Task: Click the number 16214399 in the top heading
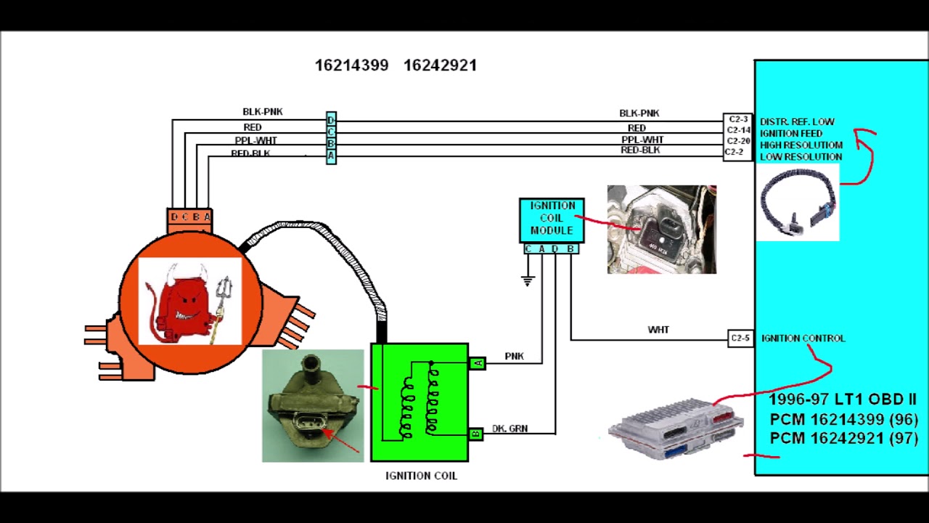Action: pos(351,65)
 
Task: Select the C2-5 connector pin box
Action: pos(740,338)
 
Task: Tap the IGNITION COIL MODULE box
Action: pos(552,219)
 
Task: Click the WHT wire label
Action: pos(658,330)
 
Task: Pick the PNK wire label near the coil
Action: pos(514,356)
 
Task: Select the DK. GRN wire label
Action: pos(509,429)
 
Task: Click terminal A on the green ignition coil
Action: pos(477,362)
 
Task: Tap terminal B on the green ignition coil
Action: pos(476,434)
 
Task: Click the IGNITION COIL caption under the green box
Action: pos(421,476)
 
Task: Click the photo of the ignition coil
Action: pos(313,405)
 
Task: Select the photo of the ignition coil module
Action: pos(661,230)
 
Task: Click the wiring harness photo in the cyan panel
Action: pos(798,201)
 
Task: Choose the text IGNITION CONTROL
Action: pos(803,338)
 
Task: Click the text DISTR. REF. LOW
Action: pos(797,121)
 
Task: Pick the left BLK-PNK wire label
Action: pos(263,112)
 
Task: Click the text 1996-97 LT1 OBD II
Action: pos(842,400)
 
